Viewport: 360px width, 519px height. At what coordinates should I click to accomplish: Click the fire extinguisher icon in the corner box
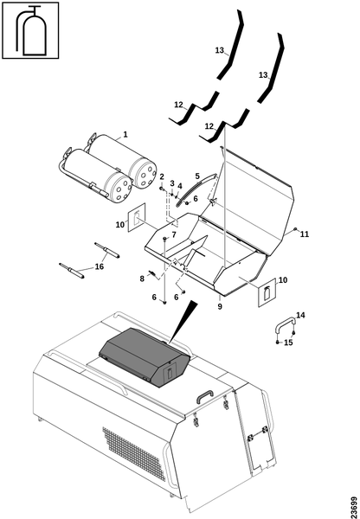click(x=30, y=30)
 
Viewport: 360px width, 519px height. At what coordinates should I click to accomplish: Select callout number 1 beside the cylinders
click(x=125, y=134)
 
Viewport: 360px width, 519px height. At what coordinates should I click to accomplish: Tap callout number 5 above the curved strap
click(x=197, y=176)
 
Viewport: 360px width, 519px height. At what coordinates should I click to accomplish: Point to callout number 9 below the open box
click(x=220, y=306)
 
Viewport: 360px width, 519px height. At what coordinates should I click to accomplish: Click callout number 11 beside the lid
click(x=305, y=234)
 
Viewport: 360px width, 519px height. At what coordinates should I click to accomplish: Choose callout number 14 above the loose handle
click(x=300, y=315)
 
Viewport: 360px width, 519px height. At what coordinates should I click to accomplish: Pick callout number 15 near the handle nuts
click(x=288, y=343)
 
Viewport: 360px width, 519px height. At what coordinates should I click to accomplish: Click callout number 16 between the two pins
click(x=100, y=266)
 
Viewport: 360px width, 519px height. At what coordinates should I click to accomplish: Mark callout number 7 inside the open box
click(x=174, y=234)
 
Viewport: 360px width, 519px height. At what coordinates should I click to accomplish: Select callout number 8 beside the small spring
click(x=142, y=279)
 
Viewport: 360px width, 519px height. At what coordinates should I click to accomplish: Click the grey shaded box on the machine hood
click(x=145, y=356)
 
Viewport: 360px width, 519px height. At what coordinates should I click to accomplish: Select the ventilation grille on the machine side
click(x=134, y=454)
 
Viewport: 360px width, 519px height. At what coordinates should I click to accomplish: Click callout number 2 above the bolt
click(x=162, y=176)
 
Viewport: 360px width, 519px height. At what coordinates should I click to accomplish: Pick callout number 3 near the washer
click(x=172, y=183)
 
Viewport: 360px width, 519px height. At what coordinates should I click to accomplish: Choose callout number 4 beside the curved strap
click(x=180, y=186)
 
